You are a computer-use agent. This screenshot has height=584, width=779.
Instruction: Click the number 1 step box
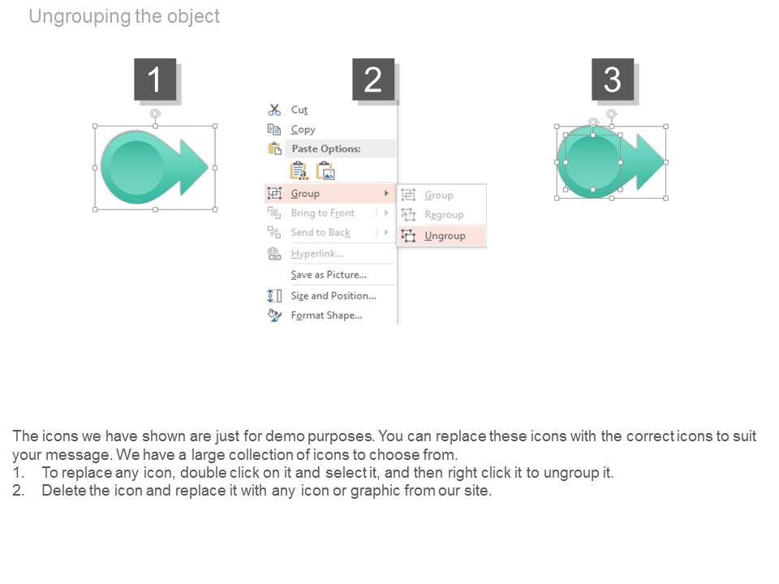coord(155,79)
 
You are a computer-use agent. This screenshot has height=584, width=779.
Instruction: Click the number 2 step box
coord(373,79)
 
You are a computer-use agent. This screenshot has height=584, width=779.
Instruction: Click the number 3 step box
coord(613,79)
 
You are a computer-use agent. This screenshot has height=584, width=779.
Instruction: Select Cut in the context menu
coord(299,109)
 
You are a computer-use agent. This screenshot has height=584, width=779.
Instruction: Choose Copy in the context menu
coord(303,130)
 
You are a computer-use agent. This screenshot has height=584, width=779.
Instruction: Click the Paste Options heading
coord(326,148)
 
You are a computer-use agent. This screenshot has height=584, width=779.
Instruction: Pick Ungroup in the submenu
coord(445,236)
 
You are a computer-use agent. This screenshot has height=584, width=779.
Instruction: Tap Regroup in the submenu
coord(444,214)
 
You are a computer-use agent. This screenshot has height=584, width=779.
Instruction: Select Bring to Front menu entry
coord(323,213)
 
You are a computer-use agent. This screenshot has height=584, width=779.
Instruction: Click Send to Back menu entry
coord(321,233)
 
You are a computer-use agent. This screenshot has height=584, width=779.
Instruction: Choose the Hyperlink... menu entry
coord(317,254)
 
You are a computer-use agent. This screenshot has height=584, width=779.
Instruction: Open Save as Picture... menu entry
coord(329,275)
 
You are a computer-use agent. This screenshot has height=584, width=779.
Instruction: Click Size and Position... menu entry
coord(334,296)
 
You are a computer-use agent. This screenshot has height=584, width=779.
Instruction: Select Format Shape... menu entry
coord(326,316)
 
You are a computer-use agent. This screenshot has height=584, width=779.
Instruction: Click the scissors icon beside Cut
coord(274,109)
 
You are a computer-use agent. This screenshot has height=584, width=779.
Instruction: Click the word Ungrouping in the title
coord(80,16)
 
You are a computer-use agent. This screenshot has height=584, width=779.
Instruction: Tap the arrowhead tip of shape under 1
coord(209,167)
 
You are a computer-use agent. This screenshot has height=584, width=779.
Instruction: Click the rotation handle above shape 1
coord(155,114)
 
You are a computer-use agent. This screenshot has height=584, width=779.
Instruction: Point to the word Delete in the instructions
coord(64,491)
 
